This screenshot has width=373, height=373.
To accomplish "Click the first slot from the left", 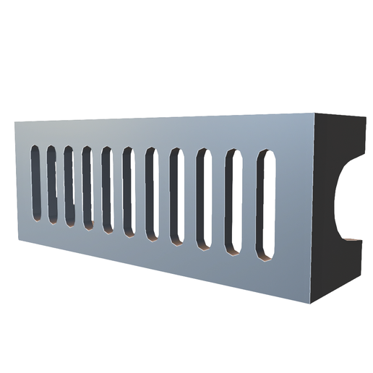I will point(35,183).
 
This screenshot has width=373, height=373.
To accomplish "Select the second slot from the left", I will point(52,186).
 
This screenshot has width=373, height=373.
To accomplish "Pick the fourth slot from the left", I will point(87,189).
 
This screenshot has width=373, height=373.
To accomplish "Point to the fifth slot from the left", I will point(107,192).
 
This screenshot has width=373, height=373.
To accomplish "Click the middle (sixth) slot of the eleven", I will point(129,193).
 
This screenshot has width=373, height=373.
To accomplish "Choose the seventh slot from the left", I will point(152,195).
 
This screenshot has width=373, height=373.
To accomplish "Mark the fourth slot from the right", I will point(176,197).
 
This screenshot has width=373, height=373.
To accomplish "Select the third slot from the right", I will point(203,200).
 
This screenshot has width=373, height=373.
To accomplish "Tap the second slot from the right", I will point(233,203).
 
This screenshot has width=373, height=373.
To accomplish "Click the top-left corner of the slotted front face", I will point(15,121).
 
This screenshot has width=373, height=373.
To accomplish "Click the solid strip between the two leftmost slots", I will point(43,184).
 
